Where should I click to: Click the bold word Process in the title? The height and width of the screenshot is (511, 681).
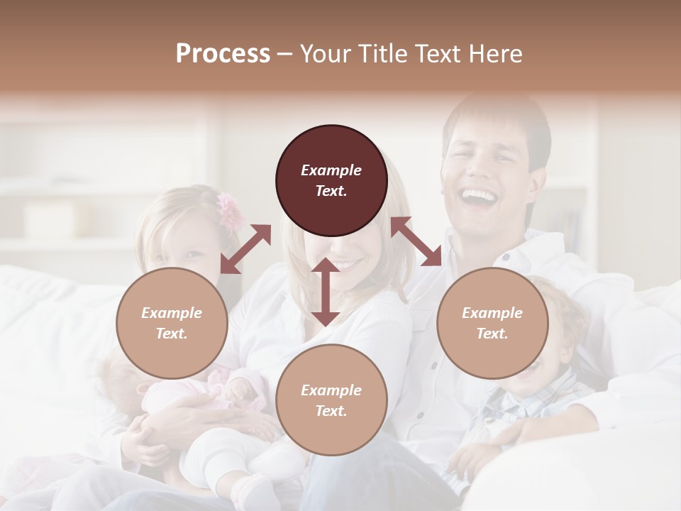click(x=223, y=54)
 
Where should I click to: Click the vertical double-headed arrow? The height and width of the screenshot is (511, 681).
click(x=326, y=292)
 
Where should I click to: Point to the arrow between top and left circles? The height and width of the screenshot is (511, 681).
click(x=245, y=248)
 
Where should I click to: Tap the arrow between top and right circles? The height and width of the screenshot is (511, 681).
click(x=416, y=241)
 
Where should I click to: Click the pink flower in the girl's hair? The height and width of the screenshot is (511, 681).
click(x=230, y=211)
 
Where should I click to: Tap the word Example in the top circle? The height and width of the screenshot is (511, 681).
click(x=331, y=170)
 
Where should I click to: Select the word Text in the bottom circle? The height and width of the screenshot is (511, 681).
click(x=331, y=411)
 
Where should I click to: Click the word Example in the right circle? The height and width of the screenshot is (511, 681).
click(x=492, y=313)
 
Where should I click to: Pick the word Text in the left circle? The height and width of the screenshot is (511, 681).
click(x=172, y=334)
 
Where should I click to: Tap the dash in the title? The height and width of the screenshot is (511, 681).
click(x=284, y=54)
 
